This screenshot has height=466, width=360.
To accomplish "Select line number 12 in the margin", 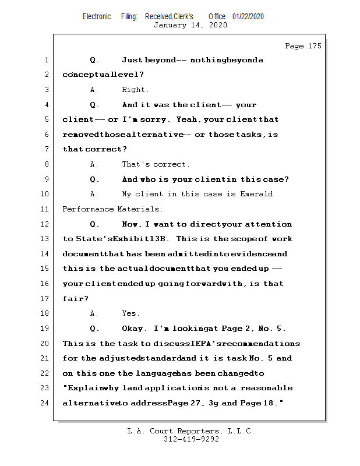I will click(x=46, y=224).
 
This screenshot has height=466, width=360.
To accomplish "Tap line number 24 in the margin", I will click(x=46, y=403).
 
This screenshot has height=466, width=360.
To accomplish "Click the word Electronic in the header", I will click(x=97, y=16).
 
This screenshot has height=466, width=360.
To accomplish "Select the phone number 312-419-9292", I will click(x=191, y=439).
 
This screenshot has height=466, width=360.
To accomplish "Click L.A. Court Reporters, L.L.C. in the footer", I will click(x=191, y=431).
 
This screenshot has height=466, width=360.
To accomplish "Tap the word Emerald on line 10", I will click(x=256, y=194).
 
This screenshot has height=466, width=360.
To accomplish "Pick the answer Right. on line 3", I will click(x=135, y=90).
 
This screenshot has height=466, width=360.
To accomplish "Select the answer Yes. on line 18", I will click(x=131, y=313).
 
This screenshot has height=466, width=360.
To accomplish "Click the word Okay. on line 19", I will click(x=135, y=329).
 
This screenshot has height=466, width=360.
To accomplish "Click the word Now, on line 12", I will click(x=131, y=224).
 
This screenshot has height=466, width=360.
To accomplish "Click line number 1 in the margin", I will click(x=46, y=60).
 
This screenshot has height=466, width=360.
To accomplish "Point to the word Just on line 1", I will click(x=132, y=60).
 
